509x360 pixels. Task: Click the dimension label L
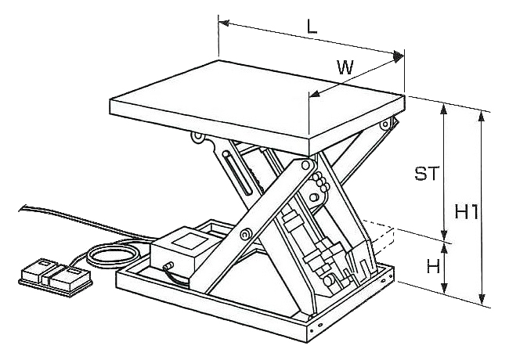[x=312, y=26]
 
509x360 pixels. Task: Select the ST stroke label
[x=427, y=174]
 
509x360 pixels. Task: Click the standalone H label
[x=432, y=266]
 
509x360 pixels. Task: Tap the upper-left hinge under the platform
[x=200, y=139]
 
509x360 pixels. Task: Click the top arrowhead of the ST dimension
[x=444, y=107]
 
